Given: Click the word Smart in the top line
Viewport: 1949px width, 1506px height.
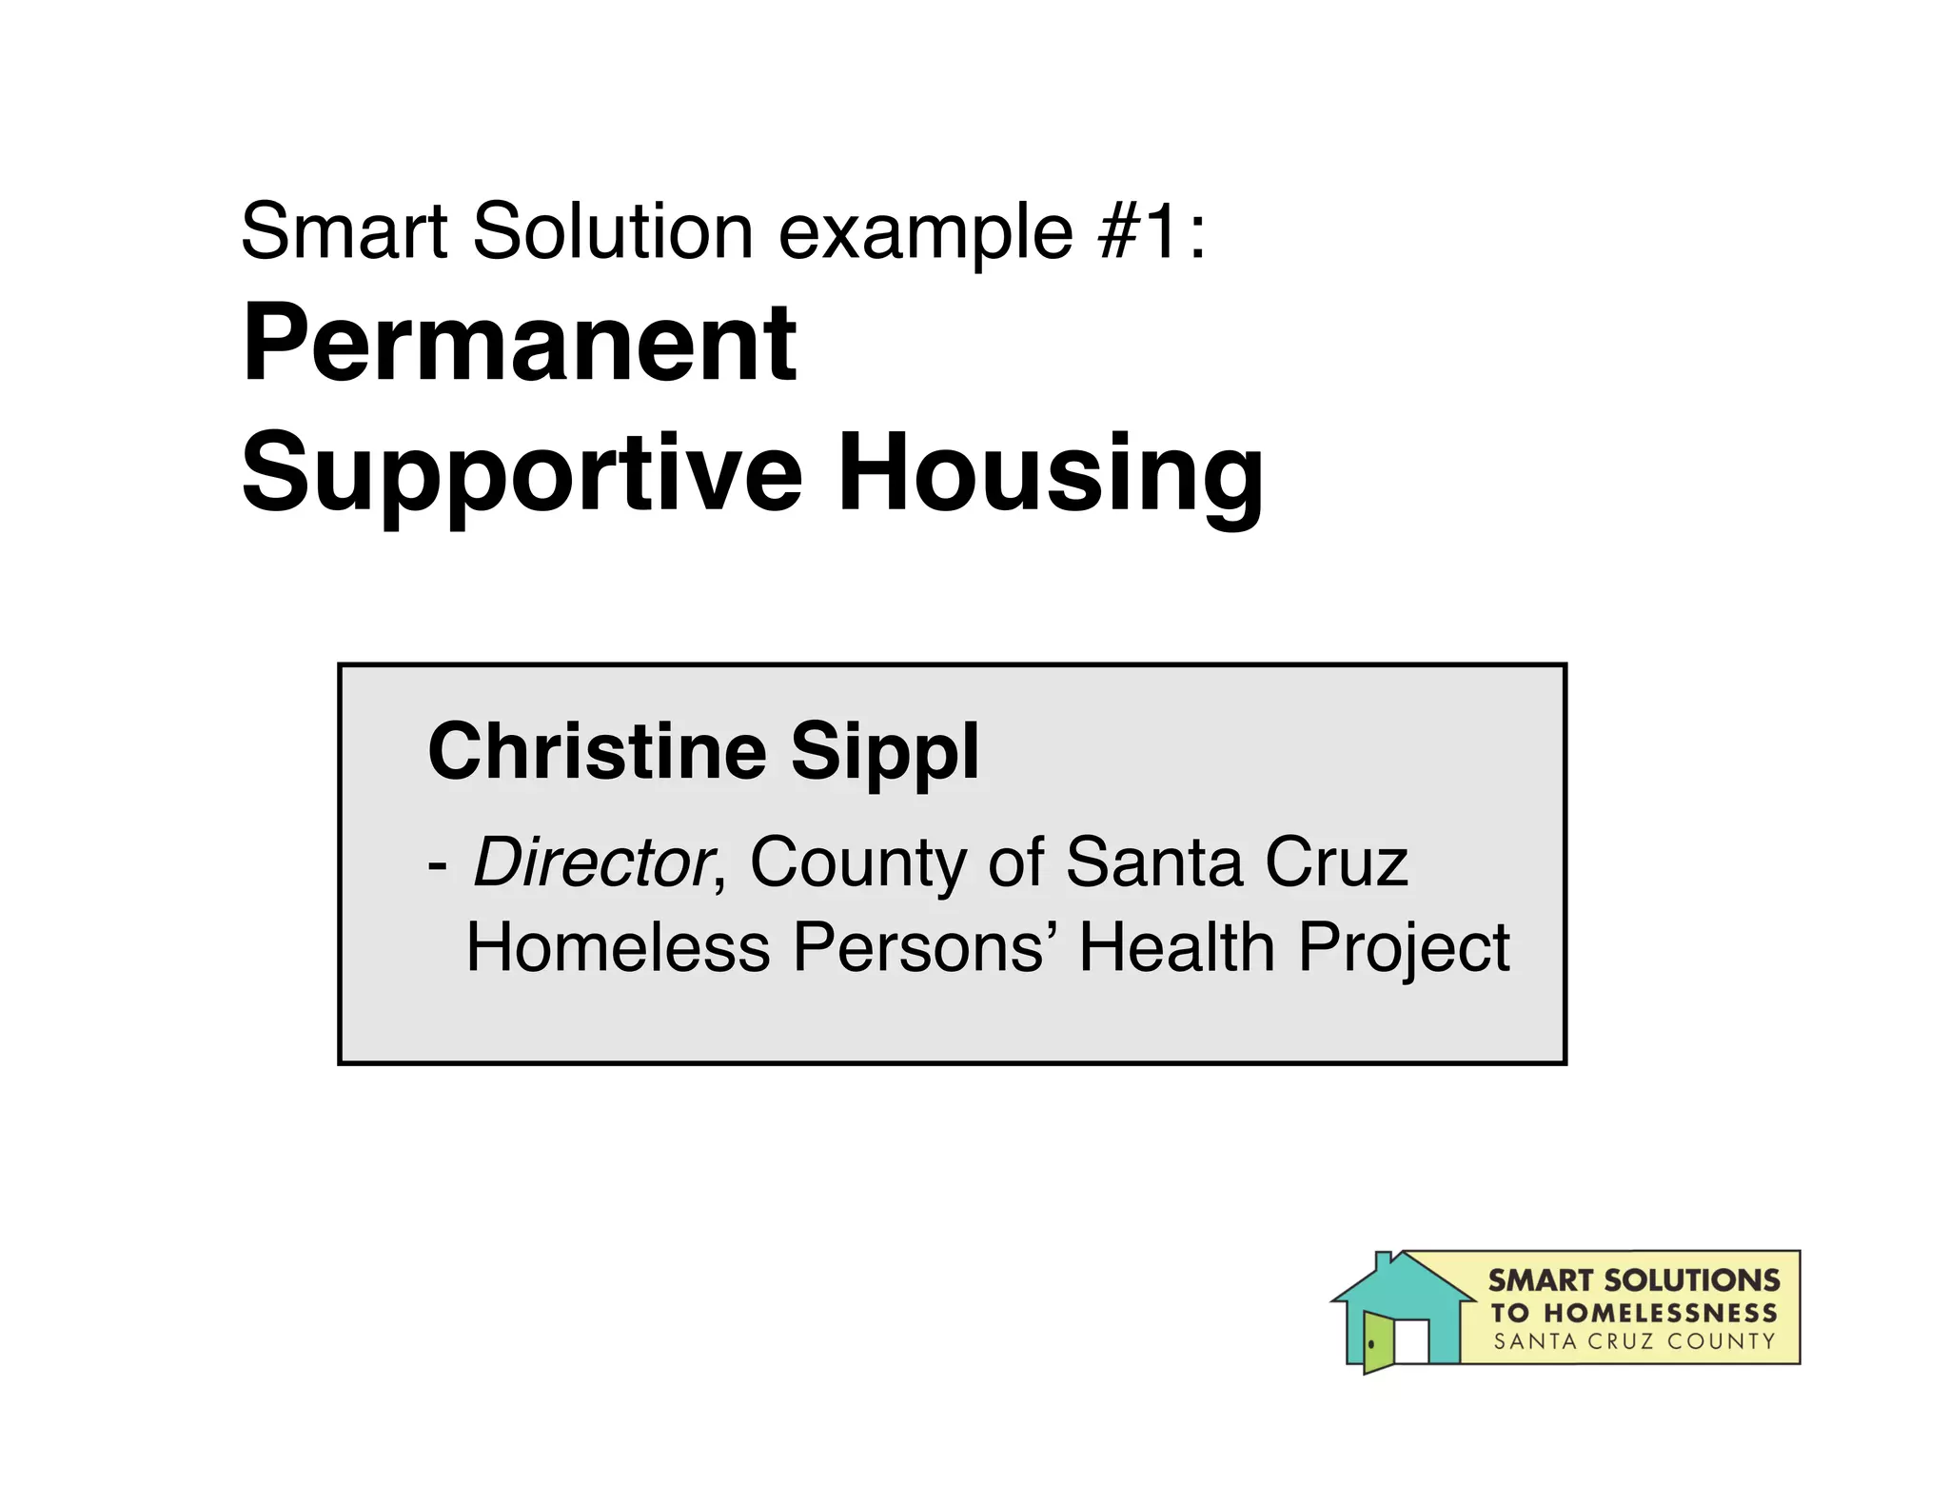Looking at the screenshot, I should (x=344, y=230).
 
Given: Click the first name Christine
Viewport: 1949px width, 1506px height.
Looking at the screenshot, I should (x=598, y=751).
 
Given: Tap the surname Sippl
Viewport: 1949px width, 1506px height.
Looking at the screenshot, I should (x=884, y=753).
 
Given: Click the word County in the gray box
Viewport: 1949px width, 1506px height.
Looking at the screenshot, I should (x=857, y=863).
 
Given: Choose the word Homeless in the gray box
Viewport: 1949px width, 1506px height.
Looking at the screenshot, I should (x=618, y=947).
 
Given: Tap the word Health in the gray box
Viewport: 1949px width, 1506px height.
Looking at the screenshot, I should (x=1176, y=947).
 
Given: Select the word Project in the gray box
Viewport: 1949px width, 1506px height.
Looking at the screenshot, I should (x=1404, y=949).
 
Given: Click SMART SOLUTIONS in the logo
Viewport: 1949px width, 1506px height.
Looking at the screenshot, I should (x=1633, y=1280).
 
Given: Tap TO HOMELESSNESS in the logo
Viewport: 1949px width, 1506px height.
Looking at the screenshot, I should (x=1633, y=1313).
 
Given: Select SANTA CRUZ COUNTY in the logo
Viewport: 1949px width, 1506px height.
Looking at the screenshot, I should (x=1633, y=1342).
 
